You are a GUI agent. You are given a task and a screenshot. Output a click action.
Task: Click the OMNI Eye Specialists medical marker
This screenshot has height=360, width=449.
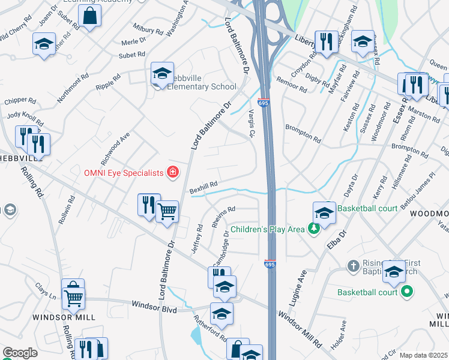tap(173, 173)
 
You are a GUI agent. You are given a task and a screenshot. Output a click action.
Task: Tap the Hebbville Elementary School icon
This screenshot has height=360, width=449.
tap(162, 74)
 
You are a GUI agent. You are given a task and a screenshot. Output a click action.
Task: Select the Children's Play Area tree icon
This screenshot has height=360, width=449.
tap(312, 229)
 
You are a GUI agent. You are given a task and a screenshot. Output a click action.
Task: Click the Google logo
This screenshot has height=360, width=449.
tap(20, 353)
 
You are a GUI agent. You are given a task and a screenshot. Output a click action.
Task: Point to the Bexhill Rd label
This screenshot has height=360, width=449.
tap(203, 188)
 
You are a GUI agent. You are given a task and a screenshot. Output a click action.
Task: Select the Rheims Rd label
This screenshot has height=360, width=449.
tap(223, 215)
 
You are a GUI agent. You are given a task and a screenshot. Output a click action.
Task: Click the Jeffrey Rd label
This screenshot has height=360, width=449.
tap(197, 239)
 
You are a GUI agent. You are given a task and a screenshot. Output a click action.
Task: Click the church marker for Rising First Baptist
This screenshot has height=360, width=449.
tap(354, 265)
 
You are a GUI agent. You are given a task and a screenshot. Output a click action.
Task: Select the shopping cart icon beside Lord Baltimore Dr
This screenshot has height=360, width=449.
tap(167, 211)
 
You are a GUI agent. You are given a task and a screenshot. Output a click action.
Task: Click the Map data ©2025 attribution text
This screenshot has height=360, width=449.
tap(423, 355)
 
